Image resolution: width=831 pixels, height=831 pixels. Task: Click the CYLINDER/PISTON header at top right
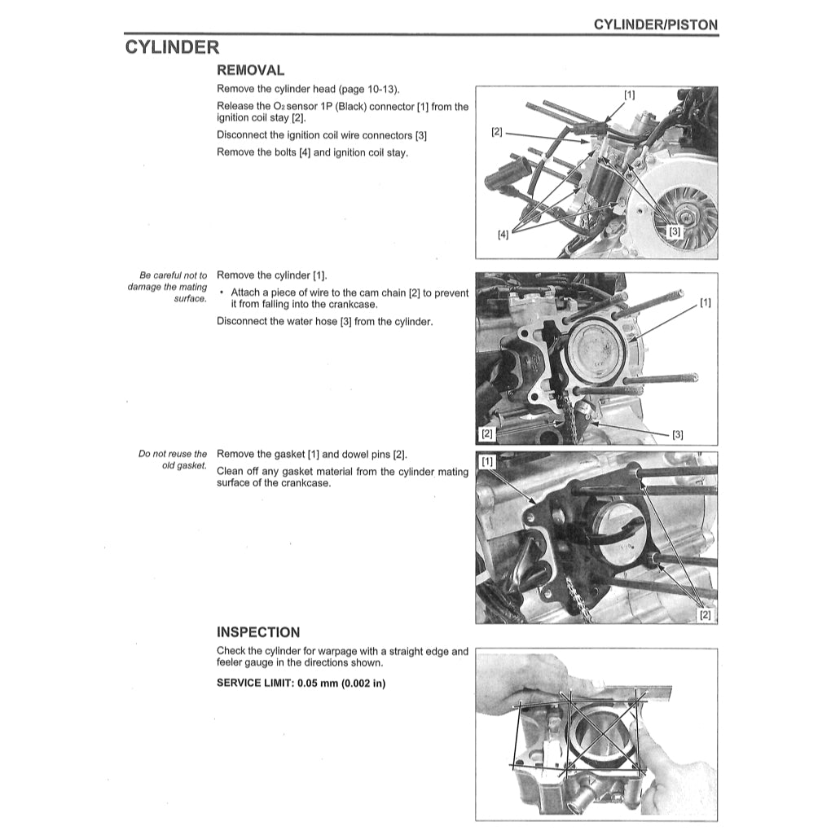(x=655, y=24)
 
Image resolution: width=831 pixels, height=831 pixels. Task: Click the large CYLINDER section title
(x=172, y=47)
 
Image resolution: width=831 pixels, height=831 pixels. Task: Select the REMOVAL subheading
(x=250, y=71)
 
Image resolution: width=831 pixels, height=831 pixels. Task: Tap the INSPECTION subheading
(x=257, y=632)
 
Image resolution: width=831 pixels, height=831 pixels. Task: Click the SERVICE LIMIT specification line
(x=301, y=683)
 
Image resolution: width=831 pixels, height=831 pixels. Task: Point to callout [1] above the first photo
(x=630, y=95)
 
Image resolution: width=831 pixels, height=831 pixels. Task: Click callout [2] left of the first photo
(x=497, y=131)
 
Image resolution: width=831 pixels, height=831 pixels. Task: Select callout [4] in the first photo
(x=503, y=234)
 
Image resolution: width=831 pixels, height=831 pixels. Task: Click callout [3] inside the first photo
(x=674, y=231)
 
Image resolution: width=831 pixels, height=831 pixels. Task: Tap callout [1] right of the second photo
(x=705, y=303)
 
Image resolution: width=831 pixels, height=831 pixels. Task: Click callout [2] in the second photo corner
(x=487, y=433)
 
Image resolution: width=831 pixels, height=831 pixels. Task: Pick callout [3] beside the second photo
(x=677, y=434)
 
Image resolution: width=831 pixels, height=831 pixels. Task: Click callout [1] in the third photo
(x=487, y=462)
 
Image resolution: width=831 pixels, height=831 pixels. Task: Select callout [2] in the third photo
(x=706, y=615)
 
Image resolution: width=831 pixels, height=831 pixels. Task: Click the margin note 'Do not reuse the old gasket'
(x=173, y=460)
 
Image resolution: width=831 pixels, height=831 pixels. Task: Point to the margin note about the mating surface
(x=168, y=287)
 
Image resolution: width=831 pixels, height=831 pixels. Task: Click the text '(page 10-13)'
(x=367, y=89)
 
